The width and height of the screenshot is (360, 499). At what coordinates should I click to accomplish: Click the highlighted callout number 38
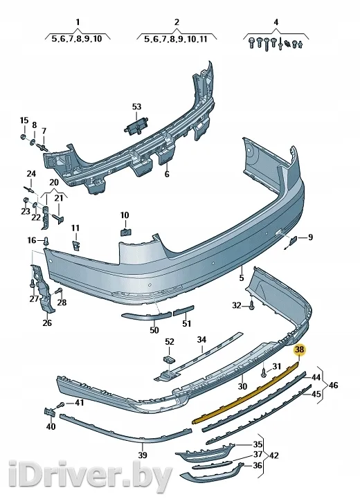click(x=300, y=350)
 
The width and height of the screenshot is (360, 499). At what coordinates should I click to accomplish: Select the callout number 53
click(x=136, y=107)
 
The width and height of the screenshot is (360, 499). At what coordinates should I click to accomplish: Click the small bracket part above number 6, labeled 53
click(x=137, y=126)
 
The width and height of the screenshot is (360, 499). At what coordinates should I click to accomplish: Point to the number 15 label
click(x=24, y=120)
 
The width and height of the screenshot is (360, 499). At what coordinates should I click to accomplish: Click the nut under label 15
click(x=24, y=137)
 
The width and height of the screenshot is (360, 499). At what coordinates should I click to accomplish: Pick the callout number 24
click(x=31, y=174)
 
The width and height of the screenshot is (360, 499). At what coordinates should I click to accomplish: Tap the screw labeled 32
click(x=252, y=306)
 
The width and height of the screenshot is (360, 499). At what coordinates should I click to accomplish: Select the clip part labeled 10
click(x=126, y=232)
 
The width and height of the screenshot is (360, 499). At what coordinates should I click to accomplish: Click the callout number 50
click(x=154, y=330)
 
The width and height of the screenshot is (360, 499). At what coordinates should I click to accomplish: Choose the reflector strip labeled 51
click(x=183, y=310)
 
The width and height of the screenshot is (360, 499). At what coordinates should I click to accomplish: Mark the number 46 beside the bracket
click(x=333, y=385)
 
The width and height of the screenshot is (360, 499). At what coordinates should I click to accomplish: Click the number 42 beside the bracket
click(x=273, y=455)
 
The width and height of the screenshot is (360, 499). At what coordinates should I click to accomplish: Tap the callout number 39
click(x=143, y=455)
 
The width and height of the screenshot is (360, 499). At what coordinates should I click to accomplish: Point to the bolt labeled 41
click(x=62, y=404)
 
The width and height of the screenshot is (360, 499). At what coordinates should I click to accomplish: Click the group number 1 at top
click(x=78, y=22)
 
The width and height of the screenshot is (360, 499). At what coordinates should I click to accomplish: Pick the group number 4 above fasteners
click(x=276, y=22)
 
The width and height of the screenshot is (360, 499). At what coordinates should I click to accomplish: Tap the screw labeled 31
click(x=264, y=372)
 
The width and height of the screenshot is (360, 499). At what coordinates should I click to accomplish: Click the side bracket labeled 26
click(x=42, y=287)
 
